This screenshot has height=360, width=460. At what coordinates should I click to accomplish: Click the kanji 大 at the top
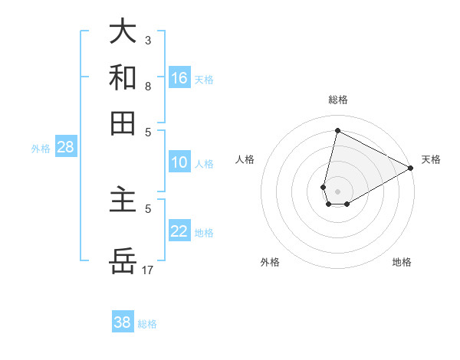[x=123, y=31]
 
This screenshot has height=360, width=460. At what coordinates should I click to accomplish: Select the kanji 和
[x=123, y=77]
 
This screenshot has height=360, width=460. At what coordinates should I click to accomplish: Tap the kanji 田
[x=123, y=122]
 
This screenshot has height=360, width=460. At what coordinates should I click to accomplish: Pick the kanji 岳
[x=123, y=261]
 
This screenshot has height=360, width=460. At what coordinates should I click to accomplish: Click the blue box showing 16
[x=179, y=78]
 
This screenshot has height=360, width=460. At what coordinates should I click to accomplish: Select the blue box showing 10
[x=179, y=162]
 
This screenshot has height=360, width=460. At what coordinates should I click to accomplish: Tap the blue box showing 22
[x=179, y=231]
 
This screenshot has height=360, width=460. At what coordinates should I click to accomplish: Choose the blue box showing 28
[x=65, y=147]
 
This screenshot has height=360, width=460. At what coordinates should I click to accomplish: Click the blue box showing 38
[x=123, y=322]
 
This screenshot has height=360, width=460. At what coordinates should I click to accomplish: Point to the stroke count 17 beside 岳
[x=148, y=270]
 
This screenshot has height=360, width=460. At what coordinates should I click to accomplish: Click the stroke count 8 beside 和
[x=148, y=86]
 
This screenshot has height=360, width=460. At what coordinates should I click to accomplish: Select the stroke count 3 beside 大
[x=148, y=40]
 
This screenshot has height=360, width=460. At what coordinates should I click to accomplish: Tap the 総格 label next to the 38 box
[x=147, y=324]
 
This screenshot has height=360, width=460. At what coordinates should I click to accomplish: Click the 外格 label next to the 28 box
[x=41, y=149]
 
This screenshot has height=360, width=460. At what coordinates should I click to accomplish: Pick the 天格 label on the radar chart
[x=431, y=159]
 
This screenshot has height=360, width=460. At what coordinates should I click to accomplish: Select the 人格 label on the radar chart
[x=245, y=159]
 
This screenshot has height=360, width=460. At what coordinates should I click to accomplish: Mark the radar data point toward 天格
[x=411, y=169]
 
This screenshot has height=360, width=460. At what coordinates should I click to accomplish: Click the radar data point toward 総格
[x=337, y=130]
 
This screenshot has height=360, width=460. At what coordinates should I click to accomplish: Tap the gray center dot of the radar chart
[x=337, y=191]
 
